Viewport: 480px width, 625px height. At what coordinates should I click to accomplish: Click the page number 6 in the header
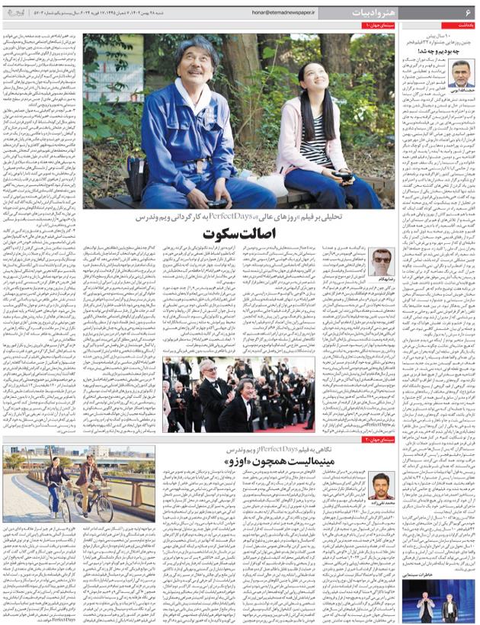coord(468,12)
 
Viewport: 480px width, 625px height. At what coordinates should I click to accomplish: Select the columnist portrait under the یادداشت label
coord(460,73)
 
